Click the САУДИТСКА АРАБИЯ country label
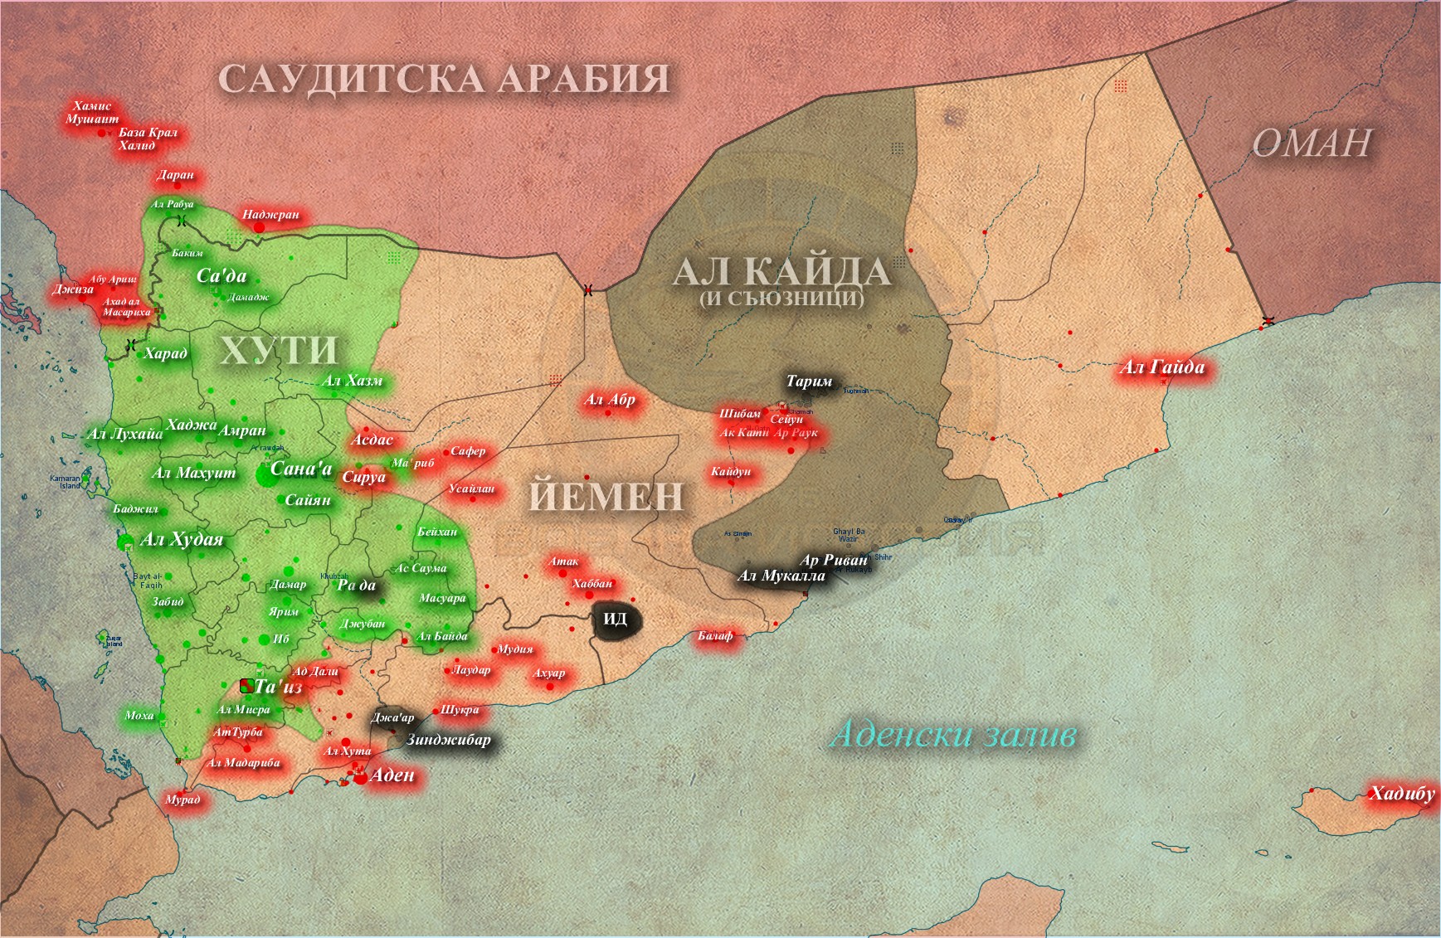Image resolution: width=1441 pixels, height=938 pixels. [x=444, y=80]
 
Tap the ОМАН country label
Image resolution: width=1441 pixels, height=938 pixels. [x=1311, y=143]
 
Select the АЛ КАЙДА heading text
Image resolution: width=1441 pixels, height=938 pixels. [x=781, y=272]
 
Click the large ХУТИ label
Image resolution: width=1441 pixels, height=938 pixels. [x=279, y=350]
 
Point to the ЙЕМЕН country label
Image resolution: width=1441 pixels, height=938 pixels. [x=606, y=497]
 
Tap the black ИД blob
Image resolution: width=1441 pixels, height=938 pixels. [x=615, y=620]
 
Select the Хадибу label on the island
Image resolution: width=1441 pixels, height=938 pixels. [x=1401, y=794]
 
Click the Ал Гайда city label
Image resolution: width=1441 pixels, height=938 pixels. [x=1161, y=367]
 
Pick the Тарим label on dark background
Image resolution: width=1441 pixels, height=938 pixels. [x=809, y=382]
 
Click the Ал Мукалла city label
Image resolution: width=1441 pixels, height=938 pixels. [x=781, y=576]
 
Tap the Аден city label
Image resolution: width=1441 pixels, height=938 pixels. [x=392, y=775]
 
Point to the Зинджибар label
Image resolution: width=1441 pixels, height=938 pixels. [x=448, y=739]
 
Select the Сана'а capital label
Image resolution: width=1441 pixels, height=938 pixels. [x=301, y=469]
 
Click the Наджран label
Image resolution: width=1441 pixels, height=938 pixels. [x=270, y=215]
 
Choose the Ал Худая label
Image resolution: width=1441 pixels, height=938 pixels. [x=182, y=539]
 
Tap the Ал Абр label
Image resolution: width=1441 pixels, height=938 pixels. [x=610, y=400]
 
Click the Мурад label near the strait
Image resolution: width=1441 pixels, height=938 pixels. [x=183, y=799]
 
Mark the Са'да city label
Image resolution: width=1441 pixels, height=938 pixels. [x=222, y=275]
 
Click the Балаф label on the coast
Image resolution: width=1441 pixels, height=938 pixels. [x=715, y=636]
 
